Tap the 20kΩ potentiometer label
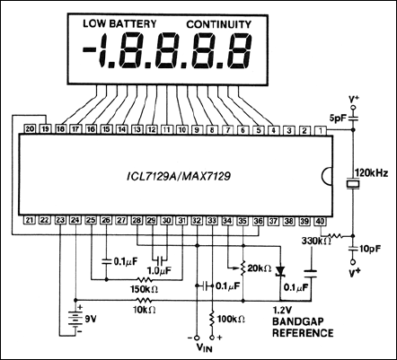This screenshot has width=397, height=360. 260,268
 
